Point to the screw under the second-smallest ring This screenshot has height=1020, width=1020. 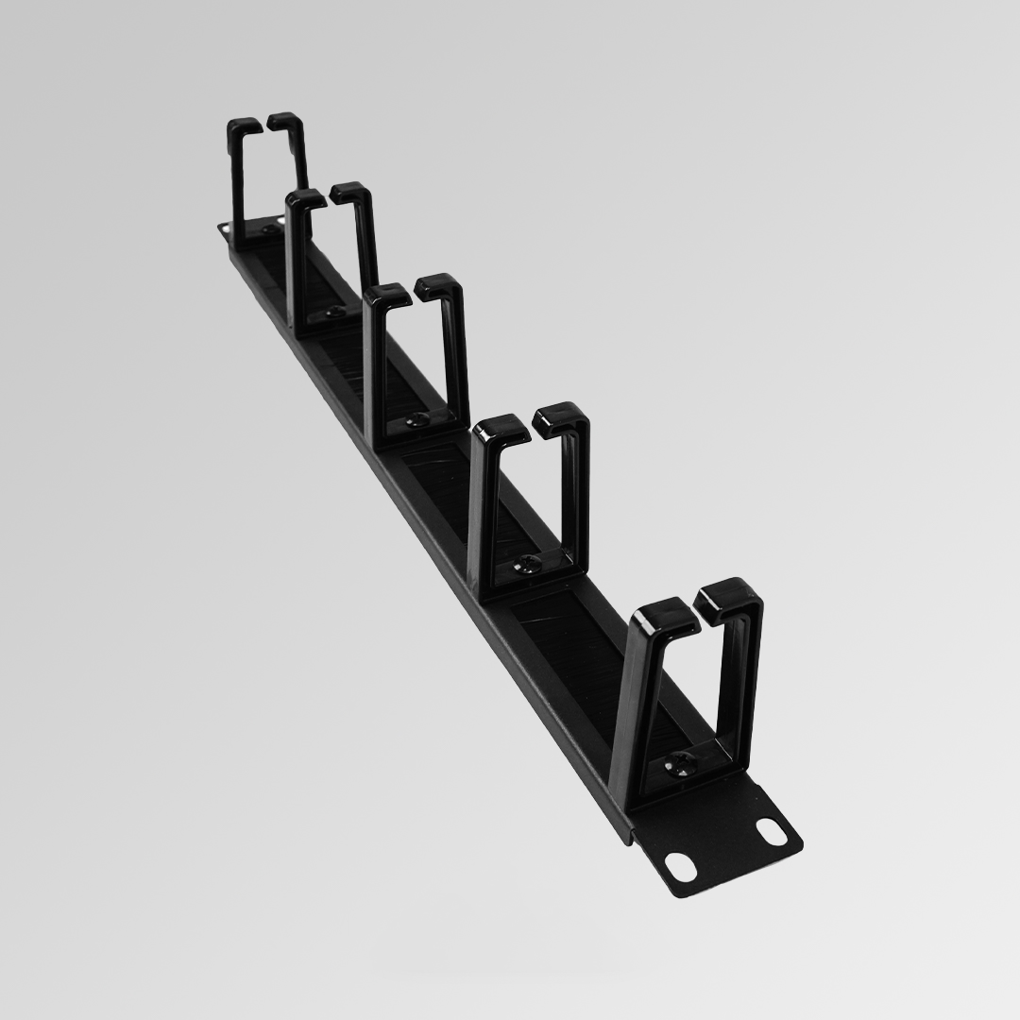coord(333,311)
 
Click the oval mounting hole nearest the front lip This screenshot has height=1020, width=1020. coord(678,863)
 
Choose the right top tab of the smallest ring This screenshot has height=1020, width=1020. coord(285,120)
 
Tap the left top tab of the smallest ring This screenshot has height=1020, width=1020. coord(244,126)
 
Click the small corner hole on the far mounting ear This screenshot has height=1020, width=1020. coord(223,228)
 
